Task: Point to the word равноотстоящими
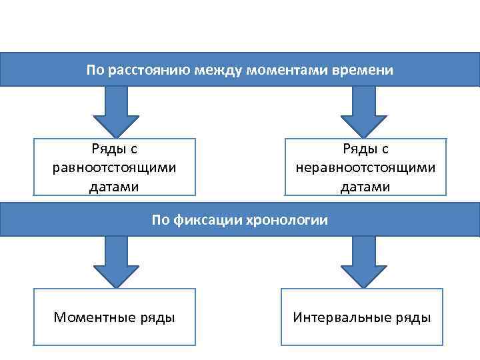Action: pos(115,167)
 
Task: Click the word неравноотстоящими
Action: pos(365,167)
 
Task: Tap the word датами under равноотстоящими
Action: pos(115,186)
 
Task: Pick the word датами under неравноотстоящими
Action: pos(365,186)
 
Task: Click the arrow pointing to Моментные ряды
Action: pos(115,261)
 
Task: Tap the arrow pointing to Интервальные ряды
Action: pos(363,261)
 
